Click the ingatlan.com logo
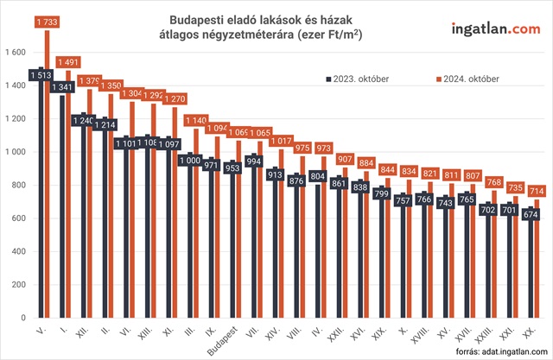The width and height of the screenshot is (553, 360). coord(495,30)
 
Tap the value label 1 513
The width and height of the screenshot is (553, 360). coord(40,76)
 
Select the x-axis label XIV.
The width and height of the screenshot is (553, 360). coord(272,332)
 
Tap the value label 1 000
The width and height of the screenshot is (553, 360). coord(188,161)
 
